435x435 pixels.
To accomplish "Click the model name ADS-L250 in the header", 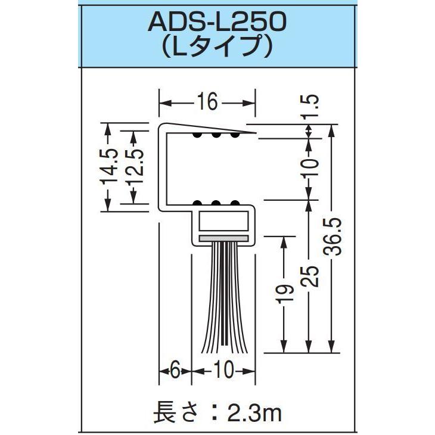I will pos(216,23).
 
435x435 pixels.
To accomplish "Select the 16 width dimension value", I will pos(206,104).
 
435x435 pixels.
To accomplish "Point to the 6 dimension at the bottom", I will pos(174,370).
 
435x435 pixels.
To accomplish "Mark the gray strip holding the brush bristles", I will pos(223,237).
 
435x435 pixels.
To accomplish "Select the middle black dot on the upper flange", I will pos(216,136).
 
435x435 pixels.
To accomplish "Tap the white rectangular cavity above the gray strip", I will pos(223,222).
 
